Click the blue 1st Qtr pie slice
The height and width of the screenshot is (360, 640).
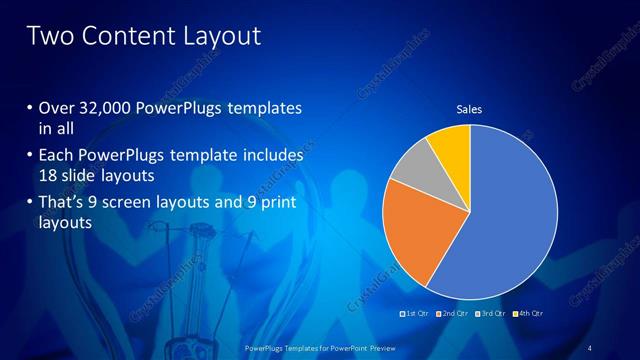(510, 220)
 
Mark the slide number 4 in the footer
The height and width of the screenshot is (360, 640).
(590, 347)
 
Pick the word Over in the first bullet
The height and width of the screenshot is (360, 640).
(57, 108)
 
